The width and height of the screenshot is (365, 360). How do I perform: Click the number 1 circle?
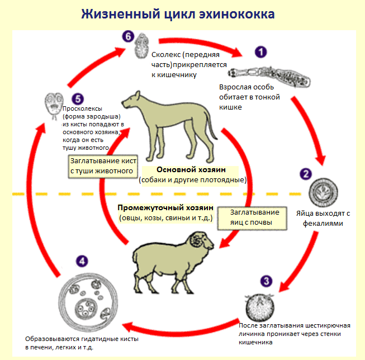point(260,53)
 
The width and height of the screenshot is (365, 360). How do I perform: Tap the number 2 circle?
point(305,173)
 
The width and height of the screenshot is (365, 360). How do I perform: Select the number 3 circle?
point(267,282)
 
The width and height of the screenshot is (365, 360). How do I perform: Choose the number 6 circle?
point(128,37)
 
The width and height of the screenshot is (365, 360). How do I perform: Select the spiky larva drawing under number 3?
point(260,308)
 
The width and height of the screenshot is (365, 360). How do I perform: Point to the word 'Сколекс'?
point(167,55)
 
